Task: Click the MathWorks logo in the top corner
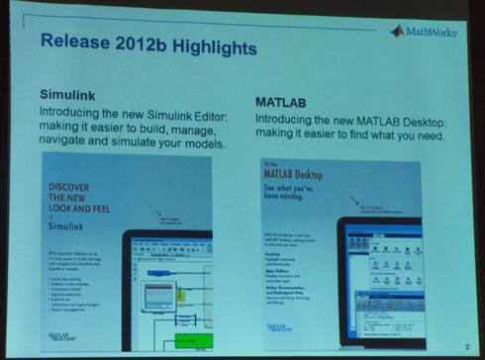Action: tap(423, 31)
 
